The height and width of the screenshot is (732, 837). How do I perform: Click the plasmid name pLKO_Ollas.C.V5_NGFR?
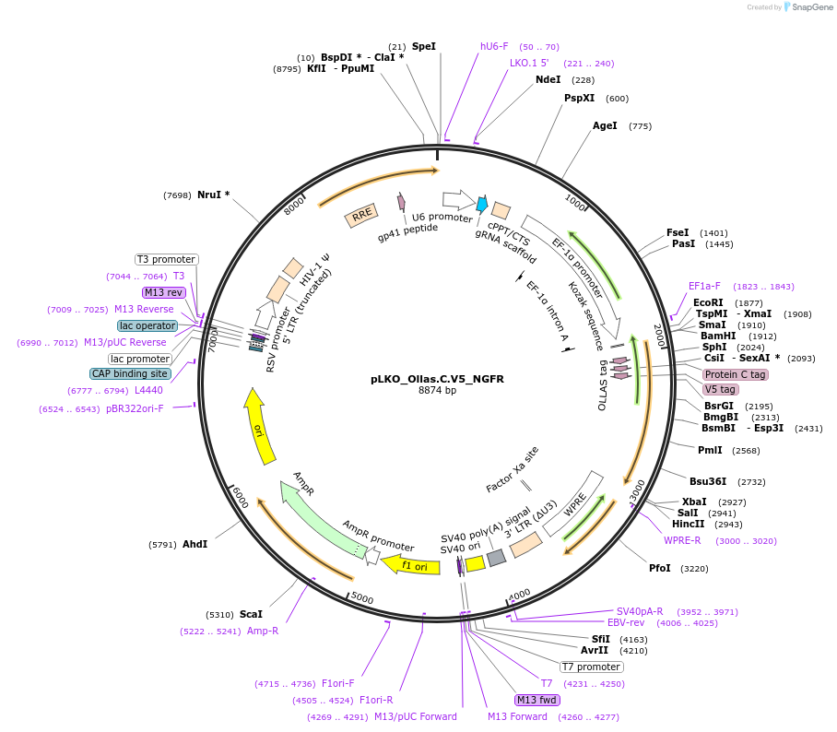click(x=437, y=378)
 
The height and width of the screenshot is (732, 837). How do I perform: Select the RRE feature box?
click(x=361, y=216)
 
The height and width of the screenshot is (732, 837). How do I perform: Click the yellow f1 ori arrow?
click(x=406, y=564)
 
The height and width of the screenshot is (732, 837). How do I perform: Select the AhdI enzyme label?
click(x=195, y=544)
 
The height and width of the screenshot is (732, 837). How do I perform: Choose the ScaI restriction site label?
click(x=251, y=614)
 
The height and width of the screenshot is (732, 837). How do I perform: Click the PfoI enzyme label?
click(x=660, y=569)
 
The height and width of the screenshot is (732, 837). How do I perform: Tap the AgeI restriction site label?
click(x=605, y=126)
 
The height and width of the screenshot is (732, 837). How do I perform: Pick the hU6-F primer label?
click(x=494, y=46)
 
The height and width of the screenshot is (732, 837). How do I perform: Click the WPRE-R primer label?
click(x=682, y=541)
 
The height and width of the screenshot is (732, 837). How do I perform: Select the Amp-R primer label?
click(x=263, y=632)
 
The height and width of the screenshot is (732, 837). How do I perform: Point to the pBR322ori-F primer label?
click(x=135, y=408)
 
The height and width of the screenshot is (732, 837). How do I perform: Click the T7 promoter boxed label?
click(x=592, y=667)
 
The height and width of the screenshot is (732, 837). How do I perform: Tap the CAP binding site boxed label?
click(x=130, y=374)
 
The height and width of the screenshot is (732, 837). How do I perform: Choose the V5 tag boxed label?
click(x=721, y=389)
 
